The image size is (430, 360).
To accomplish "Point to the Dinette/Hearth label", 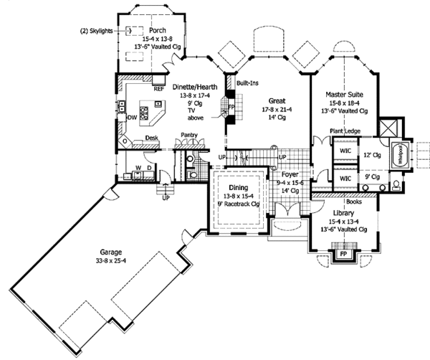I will point(195,87).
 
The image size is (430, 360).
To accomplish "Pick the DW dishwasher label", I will point(132,117).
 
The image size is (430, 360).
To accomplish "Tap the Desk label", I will point(151,138).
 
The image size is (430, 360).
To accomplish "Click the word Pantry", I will point(190,135).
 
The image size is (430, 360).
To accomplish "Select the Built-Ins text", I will point(249,83).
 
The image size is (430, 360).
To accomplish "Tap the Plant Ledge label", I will point(345,131).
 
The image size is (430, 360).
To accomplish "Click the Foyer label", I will point(289,173).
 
